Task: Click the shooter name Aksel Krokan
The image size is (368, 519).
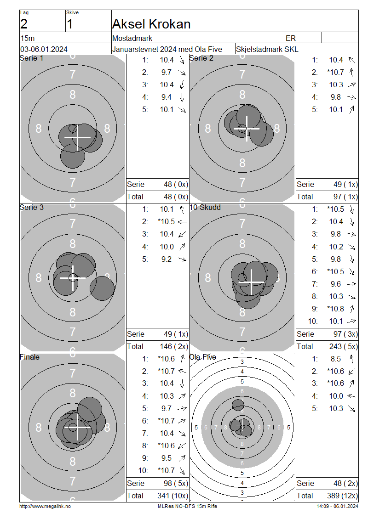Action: coord(151,24)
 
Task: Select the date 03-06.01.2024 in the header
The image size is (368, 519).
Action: coord(44,49)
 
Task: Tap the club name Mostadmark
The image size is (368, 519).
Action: coord(132,39)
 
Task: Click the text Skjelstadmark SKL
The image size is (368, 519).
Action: coord(267,49)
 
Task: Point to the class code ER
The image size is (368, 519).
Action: coord(290,39)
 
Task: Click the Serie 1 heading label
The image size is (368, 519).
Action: coord(31,58)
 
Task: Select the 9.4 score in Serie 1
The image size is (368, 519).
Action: coord(167,97)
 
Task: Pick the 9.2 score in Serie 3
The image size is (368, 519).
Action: coord(167,259)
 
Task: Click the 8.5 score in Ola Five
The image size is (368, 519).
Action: coord(335,359)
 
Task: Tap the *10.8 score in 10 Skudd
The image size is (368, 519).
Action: coord(335,309)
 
